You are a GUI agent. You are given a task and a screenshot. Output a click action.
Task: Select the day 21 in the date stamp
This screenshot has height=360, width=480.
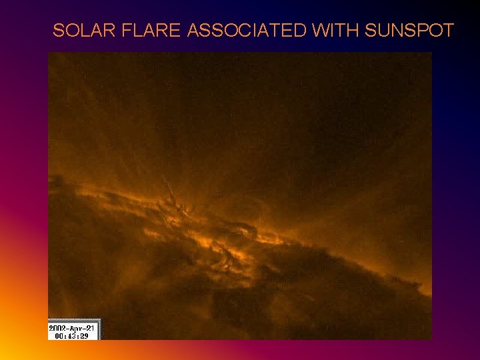pos(93,327)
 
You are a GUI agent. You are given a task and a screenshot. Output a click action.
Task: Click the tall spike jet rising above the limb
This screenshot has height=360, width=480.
pos(169,189)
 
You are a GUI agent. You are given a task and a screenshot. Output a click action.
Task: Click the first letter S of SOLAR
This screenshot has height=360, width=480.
pos(58,31)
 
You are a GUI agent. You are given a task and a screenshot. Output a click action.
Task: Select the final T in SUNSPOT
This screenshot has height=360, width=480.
pos(449,31)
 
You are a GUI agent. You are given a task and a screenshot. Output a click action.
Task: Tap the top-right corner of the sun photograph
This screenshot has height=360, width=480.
pos(431,53)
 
